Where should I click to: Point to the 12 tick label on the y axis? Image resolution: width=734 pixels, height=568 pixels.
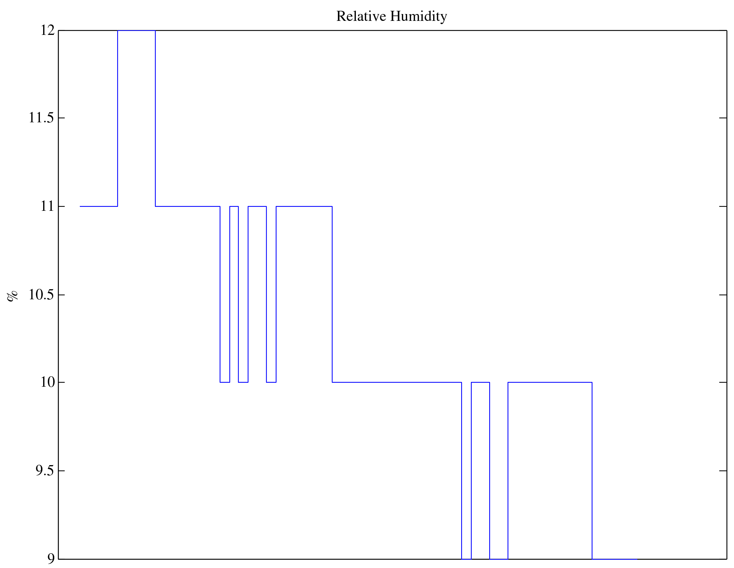click(47, 31)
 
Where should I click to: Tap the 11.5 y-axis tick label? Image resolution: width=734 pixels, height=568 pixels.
click(42, 118)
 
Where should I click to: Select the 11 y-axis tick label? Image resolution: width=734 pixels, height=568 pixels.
click(47, 206)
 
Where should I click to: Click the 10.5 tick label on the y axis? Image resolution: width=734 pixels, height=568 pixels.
click(42, 295)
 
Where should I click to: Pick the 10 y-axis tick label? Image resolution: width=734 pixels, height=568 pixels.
click(47, 382)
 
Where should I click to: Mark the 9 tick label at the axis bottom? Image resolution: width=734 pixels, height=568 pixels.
click(51, 559)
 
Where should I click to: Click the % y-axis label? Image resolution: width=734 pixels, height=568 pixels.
click(13, 296)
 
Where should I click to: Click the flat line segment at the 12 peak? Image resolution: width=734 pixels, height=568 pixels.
click(136, 31)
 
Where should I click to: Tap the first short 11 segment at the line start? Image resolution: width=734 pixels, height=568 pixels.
click(98, 206)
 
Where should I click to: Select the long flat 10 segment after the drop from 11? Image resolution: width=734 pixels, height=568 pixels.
click(397, 382)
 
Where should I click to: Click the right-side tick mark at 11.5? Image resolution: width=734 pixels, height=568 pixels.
click(723, 118)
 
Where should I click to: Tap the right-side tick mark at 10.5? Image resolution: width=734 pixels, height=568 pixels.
click(723, 295)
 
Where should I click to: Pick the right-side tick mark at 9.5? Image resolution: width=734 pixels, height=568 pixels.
click(723, 471)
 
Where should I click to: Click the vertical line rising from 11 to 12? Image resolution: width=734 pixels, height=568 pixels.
click(118, 118)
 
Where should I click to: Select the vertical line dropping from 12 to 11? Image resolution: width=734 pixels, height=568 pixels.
click(155, 118)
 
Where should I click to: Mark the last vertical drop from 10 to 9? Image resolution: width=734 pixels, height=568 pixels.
click(592, 471)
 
